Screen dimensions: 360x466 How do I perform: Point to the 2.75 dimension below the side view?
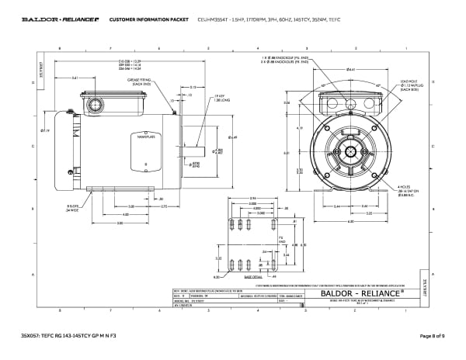165,206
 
